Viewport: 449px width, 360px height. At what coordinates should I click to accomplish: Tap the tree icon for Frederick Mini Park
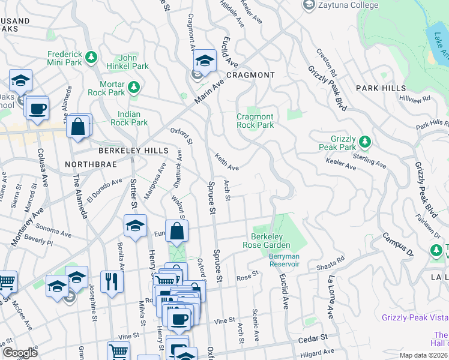pos(91,57)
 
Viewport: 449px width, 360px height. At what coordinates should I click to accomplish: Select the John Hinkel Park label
pos(122,62)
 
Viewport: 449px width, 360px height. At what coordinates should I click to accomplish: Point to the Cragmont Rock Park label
pos(255,121)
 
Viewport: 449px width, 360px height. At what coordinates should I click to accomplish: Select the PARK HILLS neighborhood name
pos(381,88)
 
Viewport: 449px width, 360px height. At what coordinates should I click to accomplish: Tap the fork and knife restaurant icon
pos(112,282)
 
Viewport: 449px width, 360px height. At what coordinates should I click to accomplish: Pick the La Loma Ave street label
pos(330,298)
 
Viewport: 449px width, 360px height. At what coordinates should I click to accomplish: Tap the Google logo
pos(20,353)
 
